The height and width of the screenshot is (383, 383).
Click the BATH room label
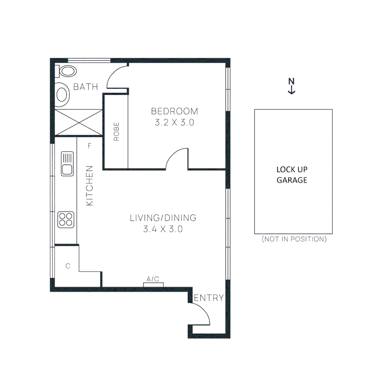85,87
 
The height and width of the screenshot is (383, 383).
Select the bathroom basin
62,95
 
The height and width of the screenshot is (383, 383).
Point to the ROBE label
117,132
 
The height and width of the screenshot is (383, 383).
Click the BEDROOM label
174,111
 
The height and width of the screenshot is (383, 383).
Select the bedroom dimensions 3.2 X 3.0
174,123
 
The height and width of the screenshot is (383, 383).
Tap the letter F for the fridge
90,146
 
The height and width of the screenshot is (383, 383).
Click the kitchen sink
67,163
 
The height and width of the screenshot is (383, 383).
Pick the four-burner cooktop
66,220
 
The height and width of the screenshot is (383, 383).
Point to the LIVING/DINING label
163,217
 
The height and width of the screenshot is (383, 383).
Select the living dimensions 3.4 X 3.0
163,229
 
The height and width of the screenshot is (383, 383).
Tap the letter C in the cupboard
68,266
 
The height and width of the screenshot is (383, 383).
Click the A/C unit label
153,279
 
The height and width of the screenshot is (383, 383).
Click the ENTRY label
209,298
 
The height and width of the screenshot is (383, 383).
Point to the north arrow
292,86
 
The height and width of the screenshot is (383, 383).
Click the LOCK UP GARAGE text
292,175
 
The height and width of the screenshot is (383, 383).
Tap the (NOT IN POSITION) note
294,239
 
